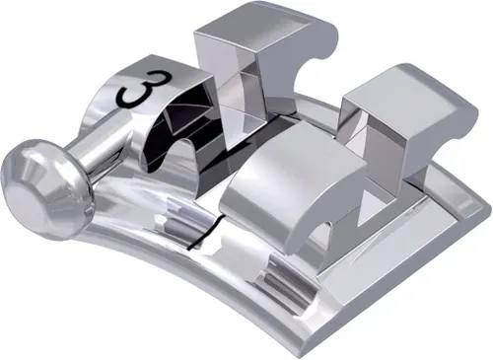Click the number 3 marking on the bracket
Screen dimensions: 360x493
137,92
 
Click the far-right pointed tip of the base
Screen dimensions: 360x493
483,207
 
